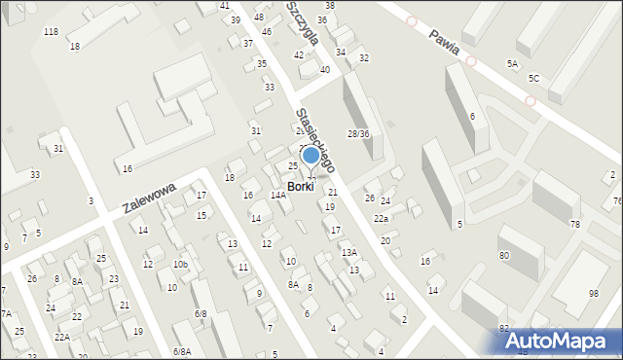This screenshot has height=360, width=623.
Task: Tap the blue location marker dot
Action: (x=311, y=155)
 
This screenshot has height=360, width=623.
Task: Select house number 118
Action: (x=51, y=32)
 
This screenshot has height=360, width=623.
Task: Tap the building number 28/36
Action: (x=358, y=133)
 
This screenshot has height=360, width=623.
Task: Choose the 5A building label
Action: (x=512, y=63)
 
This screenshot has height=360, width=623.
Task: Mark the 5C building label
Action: (x=533, y=78)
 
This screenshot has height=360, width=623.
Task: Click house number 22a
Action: (x=381, y=219)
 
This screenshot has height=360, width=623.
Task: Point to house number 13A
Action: (x=348, y=252)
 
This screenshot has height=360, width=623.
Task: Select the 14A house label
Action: (x=277, y=196)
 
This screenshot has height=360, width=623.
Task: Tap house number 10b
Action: (x=180, y=264)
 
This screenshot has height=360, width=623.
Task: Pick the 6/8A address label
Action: (x=182, y=351)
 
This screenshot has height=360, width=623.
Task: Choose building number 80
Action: (x=503, y=255)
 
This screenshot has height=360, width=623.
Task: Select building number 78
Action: (x=574, y=225)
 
